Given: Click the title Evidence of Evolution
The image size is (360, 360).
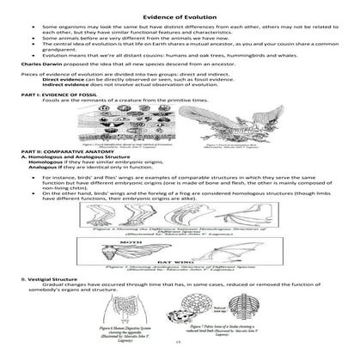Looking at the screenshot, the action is pos(180,9).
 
